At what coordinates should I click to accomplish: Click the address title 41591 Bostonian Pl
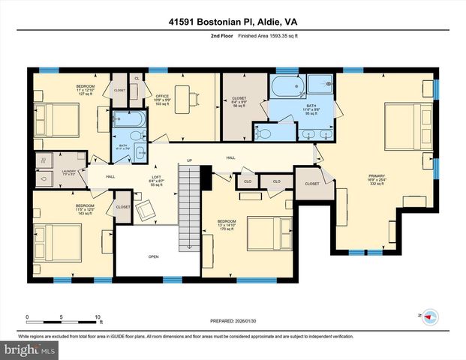click(x=233, y=22)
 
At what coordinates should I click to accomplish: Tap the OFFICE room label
click(x=163, y=97)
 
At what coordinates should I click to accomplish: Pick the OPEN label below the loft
click(x=153, y=256)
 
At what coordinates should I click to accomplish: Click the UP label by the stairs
click(x=190, y=160)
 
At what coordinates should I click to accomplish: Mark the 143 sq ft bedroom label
click(x=85, y=209)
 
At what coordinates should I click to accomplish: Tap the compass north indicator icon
click(x=430, y=316)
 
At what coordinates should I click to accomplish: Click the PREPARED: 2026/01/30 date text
click(x=232, y=321)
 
